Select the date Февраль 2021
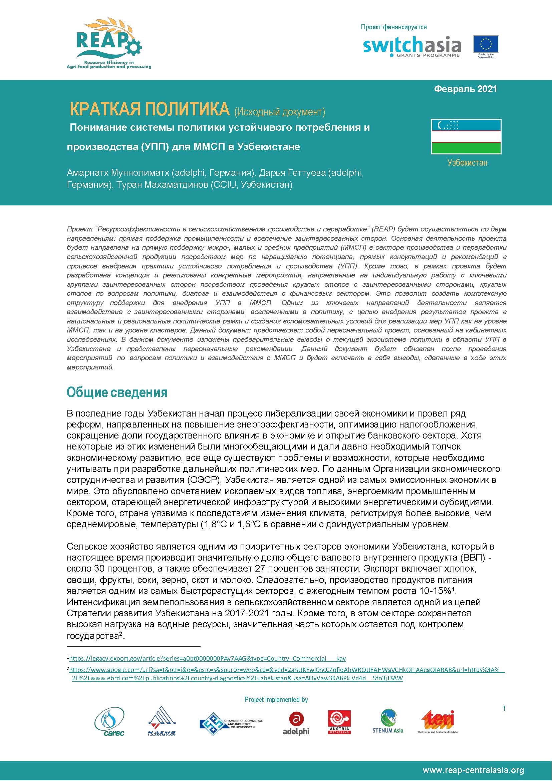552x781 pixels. point(465,89)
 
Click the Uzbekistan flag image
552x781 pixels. point(466,136)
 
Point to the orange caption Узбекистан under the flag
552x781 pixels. point(467,163)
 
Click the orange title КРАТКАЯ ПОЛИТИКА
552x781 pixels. point(150,109)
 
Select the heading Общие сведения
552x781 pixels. point(117,392)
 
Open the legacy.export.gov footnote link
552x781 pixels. point(207,658)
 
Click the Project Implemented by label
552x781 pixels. point(276,700)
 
